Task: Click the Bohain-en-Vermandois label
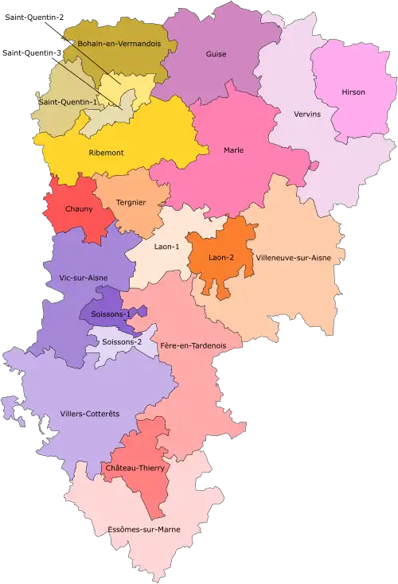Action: coord(115,45)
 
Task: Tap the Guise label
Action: coord(216,54)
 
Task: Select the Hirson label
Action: coord(353,92)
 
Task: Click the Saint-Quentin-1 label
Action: coord(67,102)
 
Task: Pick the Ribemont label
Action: coord(106,152)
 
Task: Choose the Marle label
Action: coord(233,150)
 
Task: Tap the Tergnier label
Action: coord(131,202)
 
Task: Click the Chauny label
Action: coord(79,209)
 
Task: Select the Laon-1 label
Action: coord(166,247)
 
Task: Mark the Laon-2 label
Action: coord(221,258)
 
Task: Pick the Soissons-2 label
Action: coord(123,342)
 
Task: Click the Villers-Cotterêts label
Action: coord(89,414)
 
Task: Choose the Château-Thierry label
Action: coord(135,469)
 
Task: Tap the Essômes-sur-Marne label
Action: coord(144,529)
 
